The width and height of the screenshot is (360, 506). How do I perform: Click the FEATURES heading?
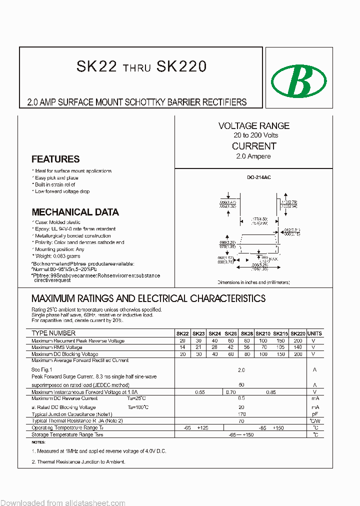point(55,159)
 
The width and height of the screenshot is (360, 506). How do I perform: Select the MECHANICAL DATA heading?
point(75,212)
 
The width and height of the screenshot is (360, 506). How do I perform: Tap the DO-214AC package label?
point(258,177)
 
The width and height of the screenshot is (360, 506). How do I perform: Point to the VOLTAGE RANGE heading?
point(253,126)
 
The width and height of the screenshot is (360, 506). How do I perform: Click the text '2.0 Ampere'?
point(253,156)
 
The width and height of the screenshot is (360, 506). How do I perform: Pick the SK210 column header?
point(263,333)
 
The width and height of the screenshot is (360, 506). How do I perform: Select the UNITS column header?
point(314,333)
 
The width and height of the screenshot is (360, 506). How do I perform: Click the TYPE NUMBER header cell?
point(53,333)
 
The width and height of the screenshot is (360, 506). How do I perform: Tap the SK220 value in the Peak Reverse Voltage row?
point(297,340)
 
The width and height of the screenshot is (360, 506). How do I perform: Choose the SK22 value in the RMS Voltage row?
point(182,347)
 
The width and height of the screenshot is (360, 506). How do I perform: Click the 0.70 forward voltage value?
point(230,392)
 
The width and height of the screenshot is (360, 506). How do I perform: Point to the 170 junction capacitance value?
point(241,414)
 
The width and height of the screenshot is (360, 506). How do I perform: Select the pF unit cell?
point(314,414)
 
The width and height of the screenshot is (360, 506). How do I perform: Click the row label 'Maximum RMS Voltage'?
point(57,347)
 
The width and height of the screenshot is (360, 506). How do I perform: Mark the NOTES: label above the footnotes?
point(38,442)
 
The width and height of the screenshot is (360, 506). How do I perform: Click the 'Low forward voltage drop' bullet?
point(62,191)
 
